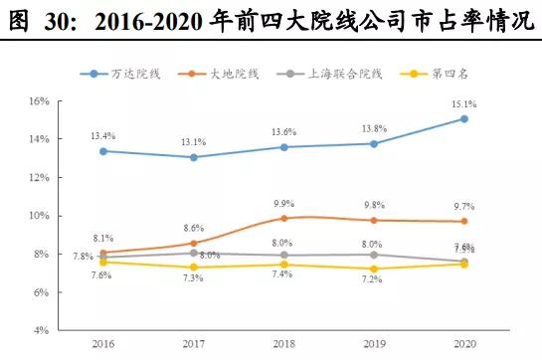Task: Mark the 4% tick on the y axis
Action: click(40, 330)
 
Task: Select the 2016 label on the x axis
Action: click(102, 345)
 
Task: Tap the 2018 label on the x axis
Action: click(283, 345)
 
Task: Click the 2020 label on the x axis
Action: click(463, 345)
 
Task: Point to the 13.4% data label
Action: click(102, 134)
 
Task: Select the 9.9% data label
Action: click(283, 204)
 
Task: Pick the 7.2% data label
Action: click(374, 281)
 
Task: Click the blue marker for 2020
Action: click(464, 118)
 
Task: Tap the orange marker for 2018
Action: click(283, 218)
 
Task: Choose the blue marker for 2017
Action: click(193, 157)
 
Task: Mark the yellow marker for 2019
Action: click(374, 269)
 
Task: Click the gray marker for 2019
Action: click(374, 255)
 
